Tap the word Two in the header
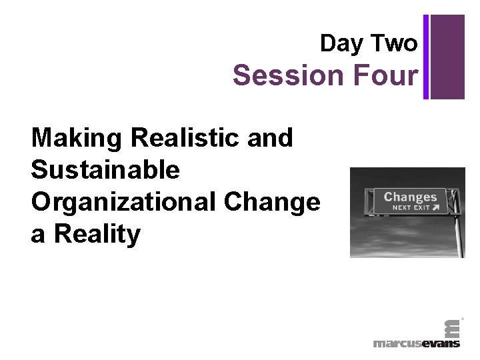click(x=395, y=44)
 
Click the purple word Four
click(x=387, y=75)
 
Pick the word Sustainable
click(x=105, y=170)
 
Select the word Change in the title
click(x=278, y=202)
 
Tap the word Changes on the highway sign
click(x=410, y=197)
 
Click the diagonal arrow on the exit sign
click(x=435, y=207)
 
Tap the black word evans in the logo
click(x=441, y=343)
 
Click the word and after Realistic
click(x=270, y=138)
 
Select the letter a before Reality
click(x=38, y=234)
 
